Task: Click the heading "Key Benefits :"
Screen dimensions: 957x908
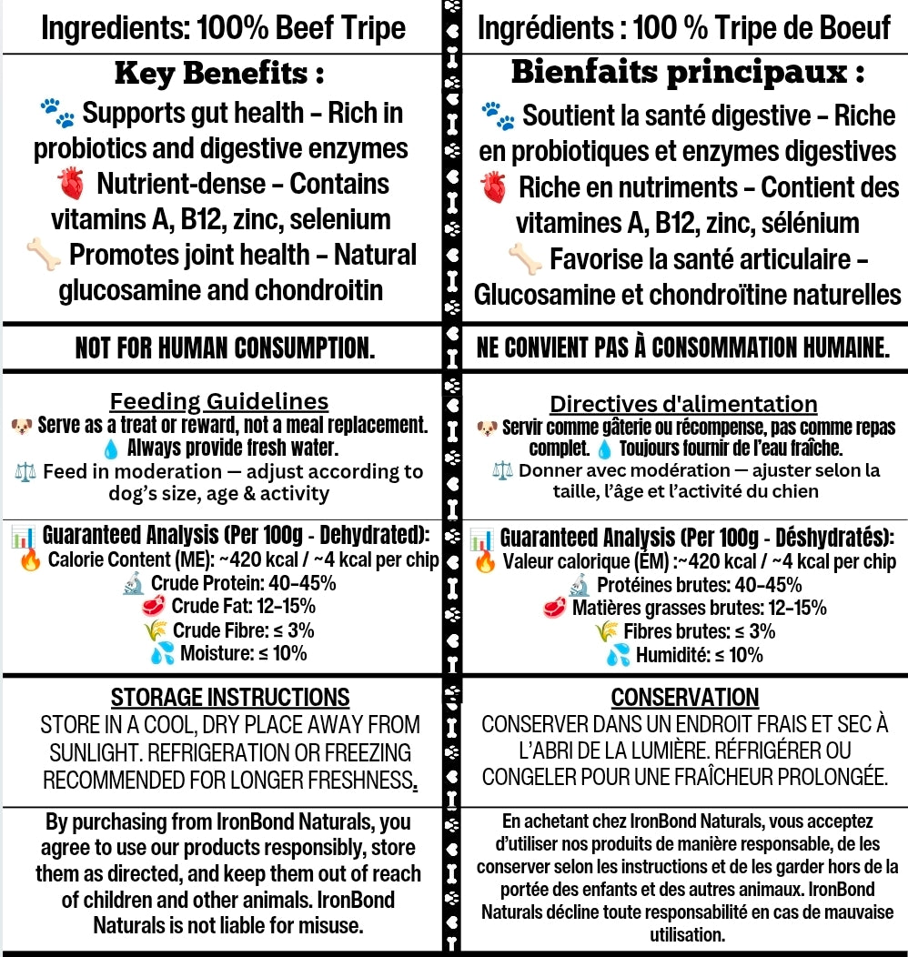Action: pos(219,74)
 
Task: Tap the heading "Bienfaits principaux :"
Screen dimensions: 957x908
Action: pos(688,72)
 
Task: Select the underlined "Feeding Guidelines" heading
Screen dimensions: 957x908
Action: pos(219,401)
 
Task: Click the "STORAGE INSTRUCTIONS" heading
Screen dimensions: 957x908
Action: pos(230,698)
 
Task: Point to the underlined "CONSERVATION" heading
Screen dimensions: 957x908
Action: pos(684,698)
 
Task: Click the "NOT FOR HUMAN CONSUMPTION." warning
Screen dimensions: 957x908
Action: pos(225,349)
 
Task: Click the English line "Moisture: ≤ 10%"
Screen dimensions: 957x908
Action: pos(243,653)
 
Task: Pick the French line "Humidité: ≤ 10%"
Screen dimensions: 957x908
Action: pos(699,655)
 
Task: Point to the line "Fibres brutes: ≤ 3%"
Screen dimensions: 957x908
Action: pos(699,631)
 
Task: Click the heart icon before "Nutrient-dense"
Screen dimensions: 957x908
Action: pos(70,186)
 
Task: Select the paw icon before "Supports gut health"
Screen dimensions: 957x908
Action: pos(57,114)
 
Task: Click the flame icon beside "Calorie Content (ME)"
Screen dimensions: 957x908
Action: pos(30,559)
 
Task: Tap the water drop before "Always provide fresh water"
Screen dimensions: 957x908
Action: pos(111,448)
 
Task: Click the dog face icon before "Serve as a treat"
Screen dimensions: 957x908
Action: pos(22,425)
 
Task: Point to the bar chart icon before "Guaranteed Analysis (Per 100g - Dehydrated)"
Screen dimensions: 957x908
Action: pos(23,537)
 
